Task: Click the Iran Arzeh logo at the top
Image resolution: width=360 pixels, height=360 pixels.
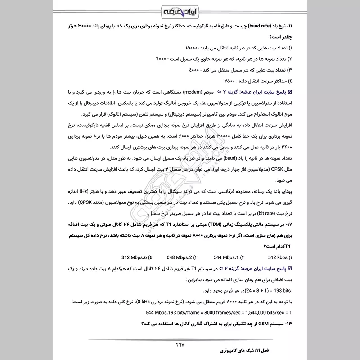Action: click(x=180, y=10)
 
